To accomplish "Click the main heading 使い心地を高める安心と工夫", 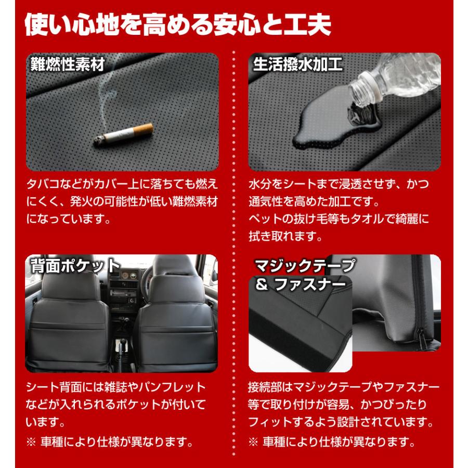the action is tap(178, 24).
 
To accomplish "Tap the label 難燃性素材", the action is tap(68, 64).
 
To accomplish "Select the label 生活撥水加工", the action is tap(297, 64).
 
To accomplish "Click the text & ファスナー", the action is tap(300, 284).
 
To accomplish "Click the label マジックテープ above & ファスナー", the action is tap(305, 265).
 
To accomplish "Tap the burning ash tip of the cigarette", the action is tap(98, 140).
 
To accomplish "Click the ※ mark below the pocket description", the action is tap(31, 442).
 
